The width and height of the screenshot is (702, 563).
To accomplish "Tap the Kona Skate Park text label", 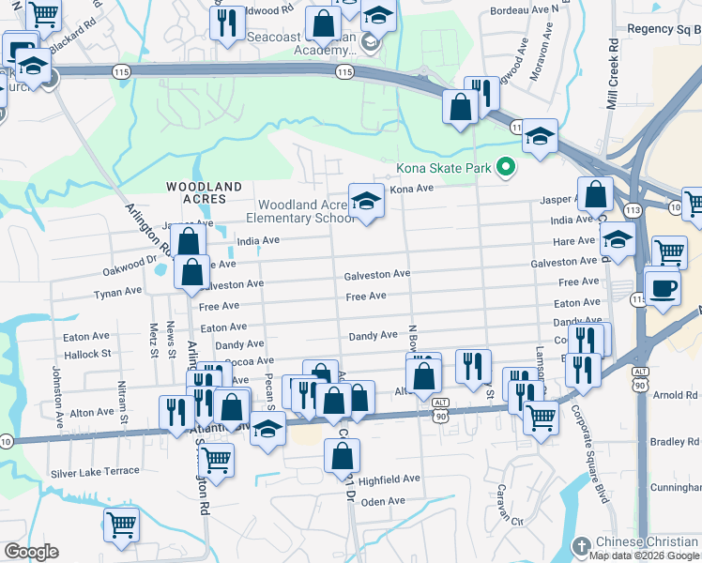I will [x=444, y=169].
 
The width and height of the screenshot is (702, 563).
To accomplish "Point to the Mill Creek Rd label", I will [x=613, y=75].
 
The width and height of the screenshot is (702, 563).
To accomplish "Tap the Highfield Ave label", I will [x=389, y=479].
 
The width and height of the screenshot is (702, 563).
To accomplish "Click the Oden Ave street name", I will [x=383, y=502].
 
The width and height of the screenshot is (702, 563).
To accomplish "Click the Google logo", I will [x=30, y=552].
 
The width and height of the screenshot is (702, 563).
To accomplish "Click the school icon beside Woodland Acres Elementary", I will [x=366, y=201].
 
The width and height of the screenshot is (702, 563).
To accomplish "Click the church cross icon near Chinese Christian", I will [x=582, y=545].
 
